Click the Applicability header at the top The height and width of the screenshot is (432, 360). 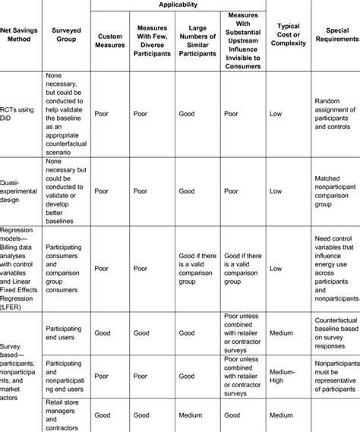178,5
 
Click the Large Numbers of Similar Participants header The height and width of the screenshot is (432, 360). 198,39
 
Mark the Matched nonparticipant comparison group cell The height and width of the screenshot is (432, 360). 335,191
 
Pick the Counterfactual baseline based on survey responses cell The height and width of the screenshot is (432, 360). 335,332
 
